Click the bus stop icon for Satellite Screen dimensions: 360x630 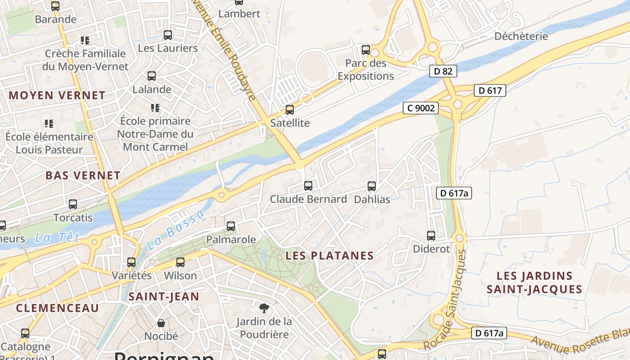click(290, 109)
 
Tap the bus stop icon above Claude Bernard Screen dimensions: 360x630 click(308, 185)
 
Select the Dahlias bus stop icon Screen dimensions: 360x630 click(372, 186)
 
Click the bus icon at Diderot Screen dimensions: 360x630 click(431, 235)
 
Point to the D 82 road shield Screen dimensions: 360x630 click(443, 71)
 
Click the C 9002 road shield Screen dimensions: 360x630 click(420, 108)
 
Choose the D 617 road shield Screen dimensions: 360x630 click(490, 90)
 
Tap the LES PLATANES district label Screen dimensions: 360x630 click(330, 256)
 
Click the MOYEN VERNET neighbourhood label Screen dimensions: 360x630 click(57, 95)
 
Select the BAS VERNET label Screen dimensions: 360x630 click(83, 175)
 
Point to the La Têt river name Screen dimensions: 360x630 click(57, 237)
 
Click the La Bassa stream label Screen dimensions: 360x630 click(175, 231)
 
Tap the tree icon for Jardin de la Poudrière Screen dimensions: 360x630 click(264, 308)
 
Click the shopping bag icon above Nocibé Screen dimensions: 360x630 click(161, 323)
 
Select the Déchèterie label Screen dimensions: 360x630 click(521, 36)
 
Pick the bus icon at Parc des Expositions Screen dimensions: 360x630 click(366, 49)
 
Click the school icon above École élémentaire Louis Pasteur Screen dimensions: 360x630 click(49, 123)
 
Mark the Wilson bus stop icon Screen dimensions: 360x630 click(180, 262)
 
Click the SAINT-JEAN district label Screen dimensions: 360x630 click(164, 297)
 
